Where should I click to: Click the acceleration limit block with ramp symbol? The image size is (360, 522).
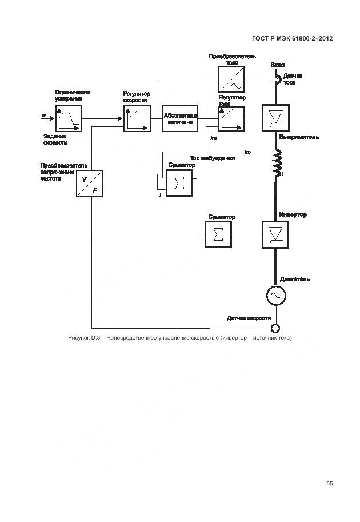[x=68, y=118]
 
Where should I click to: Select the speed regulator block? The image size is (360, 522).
[x=136, y=118]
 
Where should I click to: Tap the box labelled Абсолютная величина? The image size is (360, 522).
[x=180, y=118]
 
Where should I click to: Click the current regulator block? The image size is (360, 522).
[x=231, y=118]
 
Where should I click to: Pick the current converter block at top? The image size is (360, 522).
[x=231, y=79]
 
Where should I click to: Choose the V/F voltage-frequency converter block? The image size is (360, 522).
[x=90, y=184]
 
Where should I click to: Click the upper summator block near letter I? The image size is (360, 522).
[x=178, y=183]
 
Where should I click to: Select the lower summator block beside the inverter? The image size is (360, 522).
[x=218, y=234]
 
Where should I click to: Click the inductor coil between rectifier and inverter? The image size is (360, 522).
[x=277, y=164]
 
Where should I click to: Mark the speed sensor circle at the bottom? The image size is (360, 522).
[x=275, y=328]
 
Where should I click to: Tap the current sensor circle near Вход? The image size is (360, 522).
[x=277, y=79]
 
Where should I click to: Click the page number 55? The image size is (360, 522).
[x=330, y=483]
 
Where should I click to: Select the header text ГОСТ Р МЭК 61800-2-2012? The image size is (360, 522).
[x=292, y=39]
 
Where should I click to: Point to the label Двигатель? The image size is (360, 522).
[x=295, y=279]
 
